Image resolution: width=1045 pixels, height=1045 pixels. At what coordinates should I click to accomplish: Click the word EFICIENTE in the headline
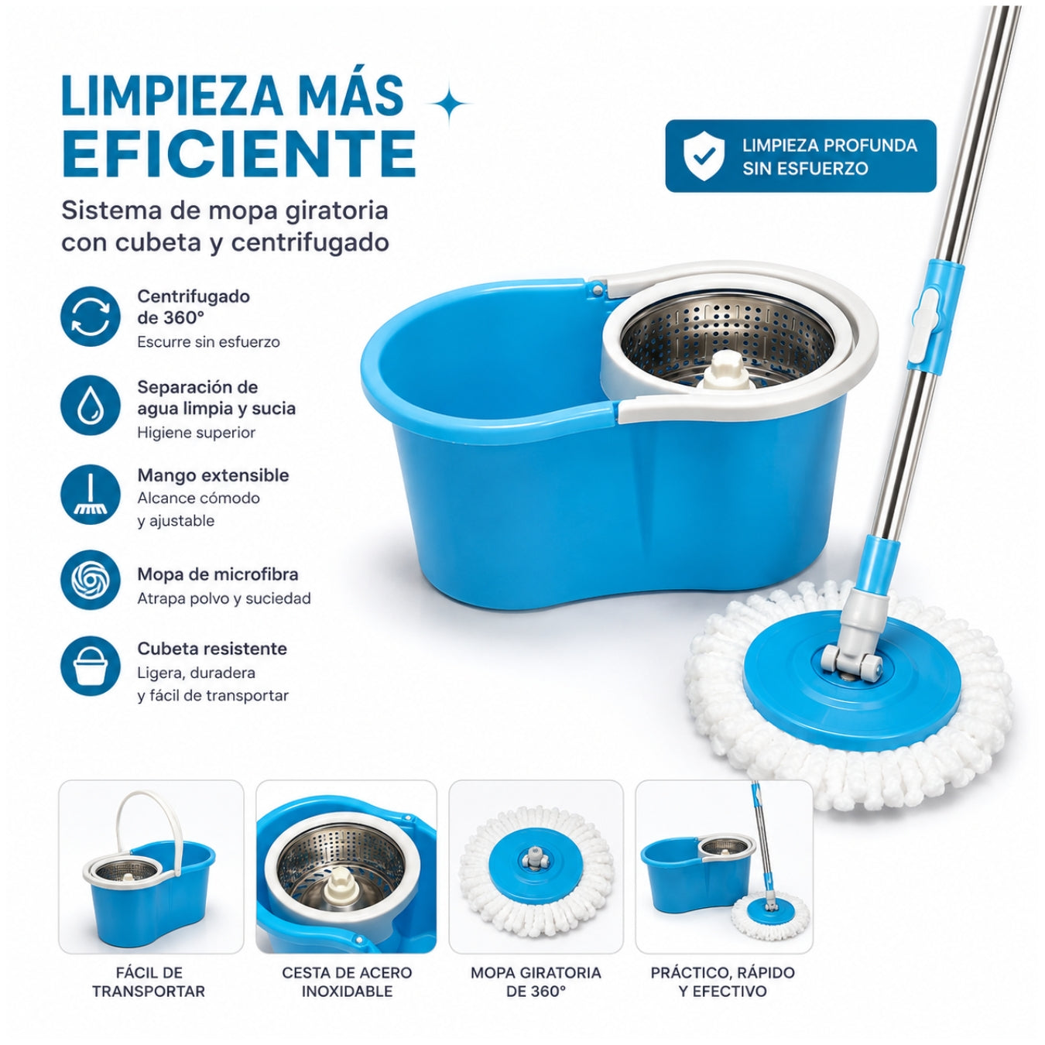[239, 153]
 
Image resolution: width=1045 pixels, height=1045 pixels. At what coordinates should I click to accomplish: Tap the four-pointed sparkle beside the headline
[449, 104]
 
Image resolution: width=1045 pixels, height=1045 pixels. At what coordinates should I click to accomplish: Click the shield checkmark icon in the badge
[704, 156]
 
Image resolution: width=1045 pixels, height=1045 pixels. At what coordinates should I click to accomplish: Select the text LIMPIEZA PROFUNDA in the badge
[830, 146]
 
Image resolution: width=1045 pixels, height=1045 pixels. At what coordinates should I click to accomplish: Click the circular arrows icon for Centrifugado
[90, 317]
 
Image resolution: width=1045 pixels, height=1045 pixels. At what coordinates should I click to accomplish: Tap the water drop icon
[90, 406]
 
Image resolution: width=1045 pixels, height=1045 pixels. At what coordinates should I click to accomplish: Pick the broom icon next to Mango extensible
[90, 495]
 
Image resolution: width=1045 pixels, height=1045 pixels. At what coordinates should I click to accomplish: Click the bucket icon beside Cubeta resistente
[90, 666]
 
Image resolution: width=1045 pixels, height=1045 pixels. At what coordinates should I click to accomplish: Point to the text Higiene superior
[196, 433]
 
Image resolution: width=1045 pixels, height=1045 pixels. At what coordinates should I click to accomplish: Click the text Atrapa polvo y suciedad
[224, 598]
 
